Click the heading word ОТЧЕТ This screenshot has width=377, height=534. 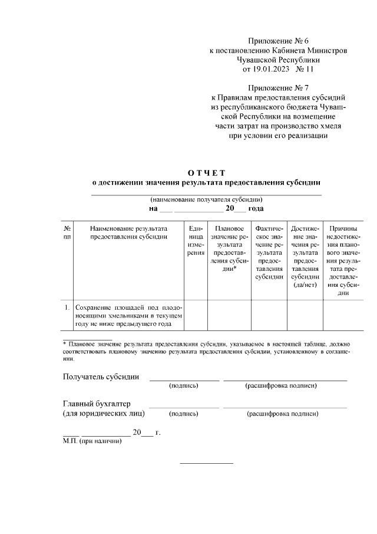(206, 172)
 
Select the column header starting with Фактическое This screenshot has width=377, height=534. (269, 253)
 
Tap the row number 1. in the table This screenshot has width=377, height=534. (67, 307)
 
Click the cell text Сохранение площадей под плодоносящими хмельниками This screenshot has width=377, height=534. (128, 315)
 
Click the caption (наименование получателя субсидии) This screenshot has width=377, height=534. (206, 199)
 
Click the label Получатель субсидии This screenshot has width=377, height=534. (101, 377)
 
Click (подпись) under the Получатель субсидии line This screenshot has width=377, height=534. (183, 386)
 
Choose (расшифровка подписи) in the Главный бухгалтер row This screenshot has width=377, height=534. (283, 414)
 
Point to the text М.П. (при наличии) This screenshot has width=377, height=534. (92, 441)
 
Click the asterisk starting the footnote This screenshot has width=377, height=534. (65, 343)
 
